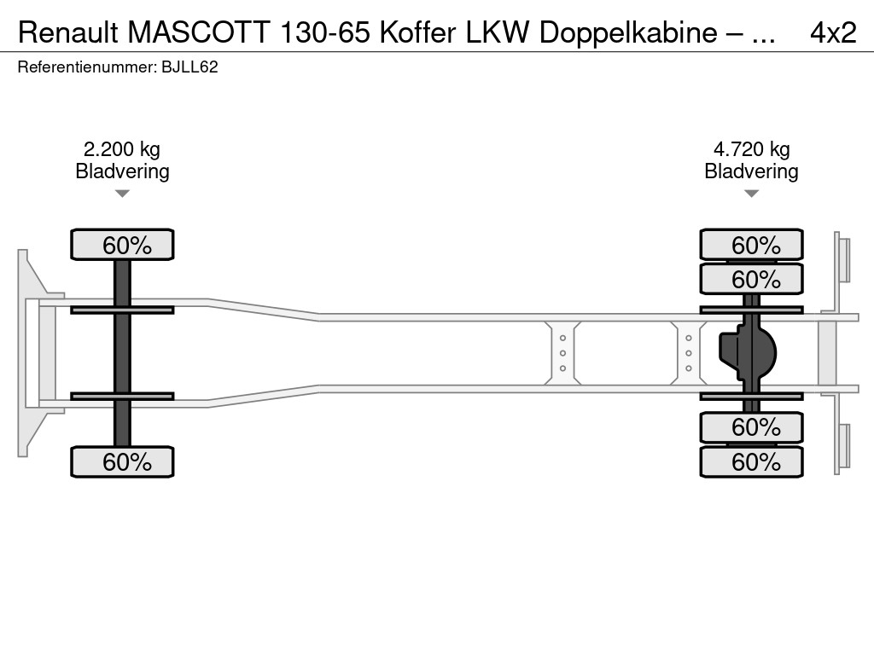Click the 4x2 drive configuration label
point(832,32)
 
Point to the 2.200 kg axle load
point(122,149)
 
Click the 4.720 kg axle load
point(751,149)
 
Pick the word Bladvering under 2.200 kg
point(122,171)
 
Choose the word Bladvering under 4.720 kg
point(751,171)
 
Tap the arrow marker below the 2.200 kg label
point(122,194)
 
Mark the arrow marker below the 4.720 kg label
point(751,194)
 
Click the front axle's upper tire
point(122,245)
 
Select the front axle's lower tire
point(122,462)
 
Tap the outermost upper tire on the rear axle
point(751,245)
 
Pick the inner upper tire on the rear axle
point(751,279)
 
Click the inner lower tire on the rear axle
point(751,426)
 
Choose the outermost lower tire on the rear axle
point(751,462)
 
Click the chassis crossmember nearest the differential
point(688,353)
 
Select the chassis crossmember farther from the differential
point(562,353)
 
